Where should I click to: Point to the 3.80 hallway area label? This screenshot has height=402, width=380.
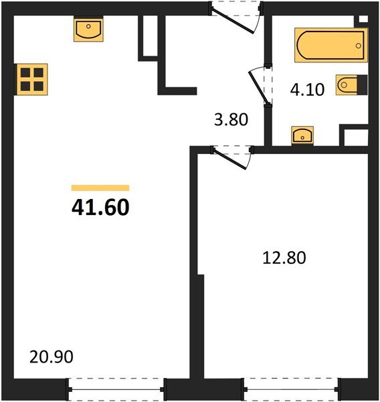231,121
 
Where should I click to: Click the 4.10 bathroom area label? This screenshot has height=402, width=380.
307,89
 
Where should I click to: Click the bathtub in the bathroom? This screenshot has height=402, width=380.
330,46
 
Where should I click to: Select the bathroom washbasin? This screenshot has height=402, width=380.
304,135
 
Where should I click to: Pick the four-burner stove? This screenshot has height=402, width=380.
31,79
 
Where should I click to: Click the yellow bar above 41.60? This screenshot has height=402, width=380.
100,188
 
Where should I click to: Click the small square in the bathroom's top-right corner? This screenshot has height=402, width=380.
363,20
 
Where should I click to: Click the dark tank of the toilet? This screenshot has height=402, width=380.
362,85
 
